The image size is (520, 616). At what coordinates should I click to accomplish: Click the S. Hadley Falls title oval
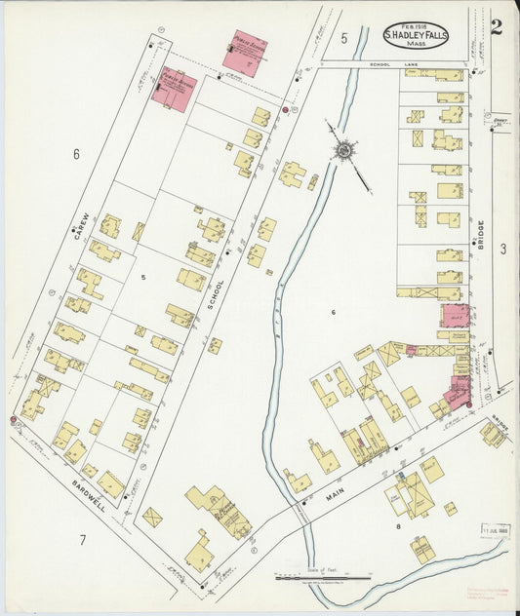pos(416,35)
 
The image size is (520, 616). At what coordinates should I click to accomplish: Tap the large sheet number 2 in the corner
pos(497,26)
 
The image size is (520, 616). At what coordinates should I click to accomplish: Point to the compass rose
pos(343,150)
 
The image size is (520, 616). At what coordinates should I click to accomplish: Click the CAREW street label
pos(85,226)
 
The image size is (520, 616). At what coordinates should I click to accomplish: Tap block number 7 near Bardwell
pos(83,539)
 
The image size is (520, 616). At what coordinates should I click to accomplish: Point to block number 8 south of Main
pos(398,526)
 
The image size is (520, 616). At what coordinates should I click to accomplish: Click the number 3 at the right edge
pos(503,250)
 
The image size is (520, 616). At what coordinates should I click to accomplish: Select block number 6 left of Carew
pos(75,153)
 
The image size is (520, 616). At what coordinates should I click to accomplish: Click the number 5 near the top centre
pos(344,38)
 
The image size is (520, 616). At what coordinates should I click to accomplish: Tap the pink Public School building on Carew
pos(175,90)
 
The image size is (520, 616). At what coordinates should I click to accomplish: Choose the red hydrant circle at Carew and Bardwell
pos(14,421)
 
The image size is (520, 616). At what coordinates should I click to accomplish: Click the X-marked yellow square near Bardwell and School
pos(152,517)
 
